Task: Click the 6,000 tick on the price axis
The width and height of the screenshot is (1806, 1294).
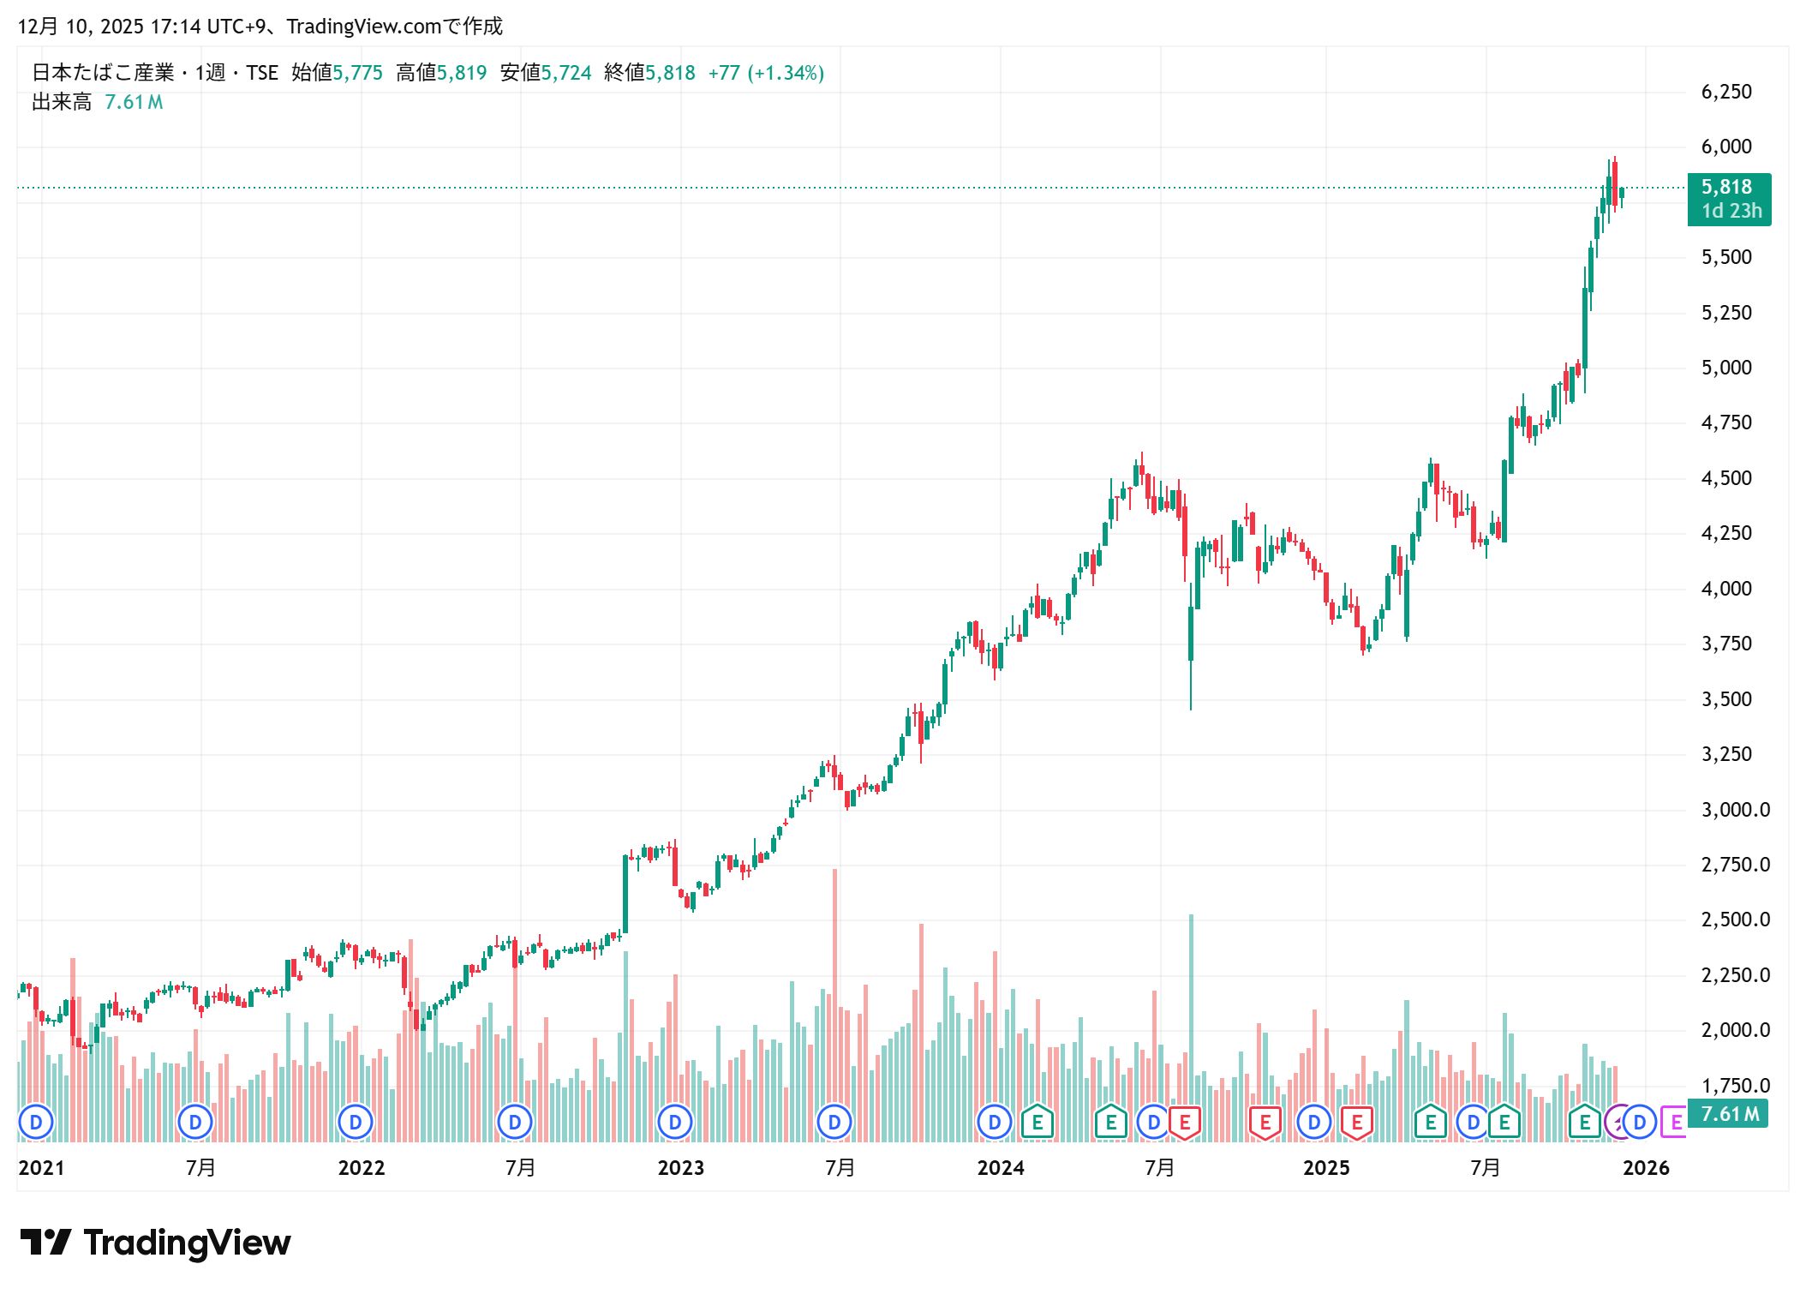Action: (x=1725, y=147)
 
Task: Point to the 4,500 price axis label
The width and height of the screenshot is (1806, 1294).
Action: (x=1725, y=478)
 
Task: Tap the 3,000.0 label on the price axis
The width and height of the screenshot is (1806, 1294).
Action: (x=1735, y=810)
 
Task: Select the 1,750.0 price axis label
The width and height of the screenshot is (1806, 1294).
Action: (x=1735, y=1086)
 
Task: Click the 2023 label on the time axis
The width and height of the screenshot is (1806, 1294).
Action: (x=680, y=1168)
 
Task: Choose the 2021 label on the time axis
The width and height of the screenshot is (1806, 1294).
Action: (x=41, y=1168)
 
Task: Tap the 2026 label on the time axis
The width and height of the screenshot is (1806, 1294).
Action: (x=1646, y=1168)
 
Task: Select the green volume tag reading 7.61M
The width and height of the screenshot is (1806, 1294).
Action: (x=1728, y=1114)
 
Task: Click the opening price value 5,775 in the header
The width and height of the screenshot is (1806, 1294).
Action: (x=357, y=73)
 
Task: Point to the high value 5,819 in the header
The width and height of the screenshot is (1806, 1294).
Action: (x=462, y=73)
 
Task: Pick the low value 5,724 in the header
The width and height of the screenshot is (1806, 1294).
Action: (x=566, y=73)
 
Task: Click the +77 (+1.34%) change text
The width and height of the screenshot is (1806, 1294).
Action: (x=766, y=73)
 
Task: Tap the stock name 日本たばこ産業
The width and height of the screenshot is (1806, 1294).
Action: (x=103, y=73)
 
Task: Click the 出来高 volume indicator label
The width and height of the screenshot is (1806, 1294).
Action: (x=62, y=103)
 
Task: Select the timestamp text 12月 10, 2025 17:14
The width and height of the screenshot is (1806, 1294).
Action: (x=109, y=27)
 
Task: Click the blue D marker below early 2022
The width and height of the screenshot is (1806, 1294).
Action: (x=355, y=1122)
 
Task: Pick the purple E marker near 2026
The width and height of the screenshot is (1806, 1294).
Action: (x=1674, y=1122)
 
